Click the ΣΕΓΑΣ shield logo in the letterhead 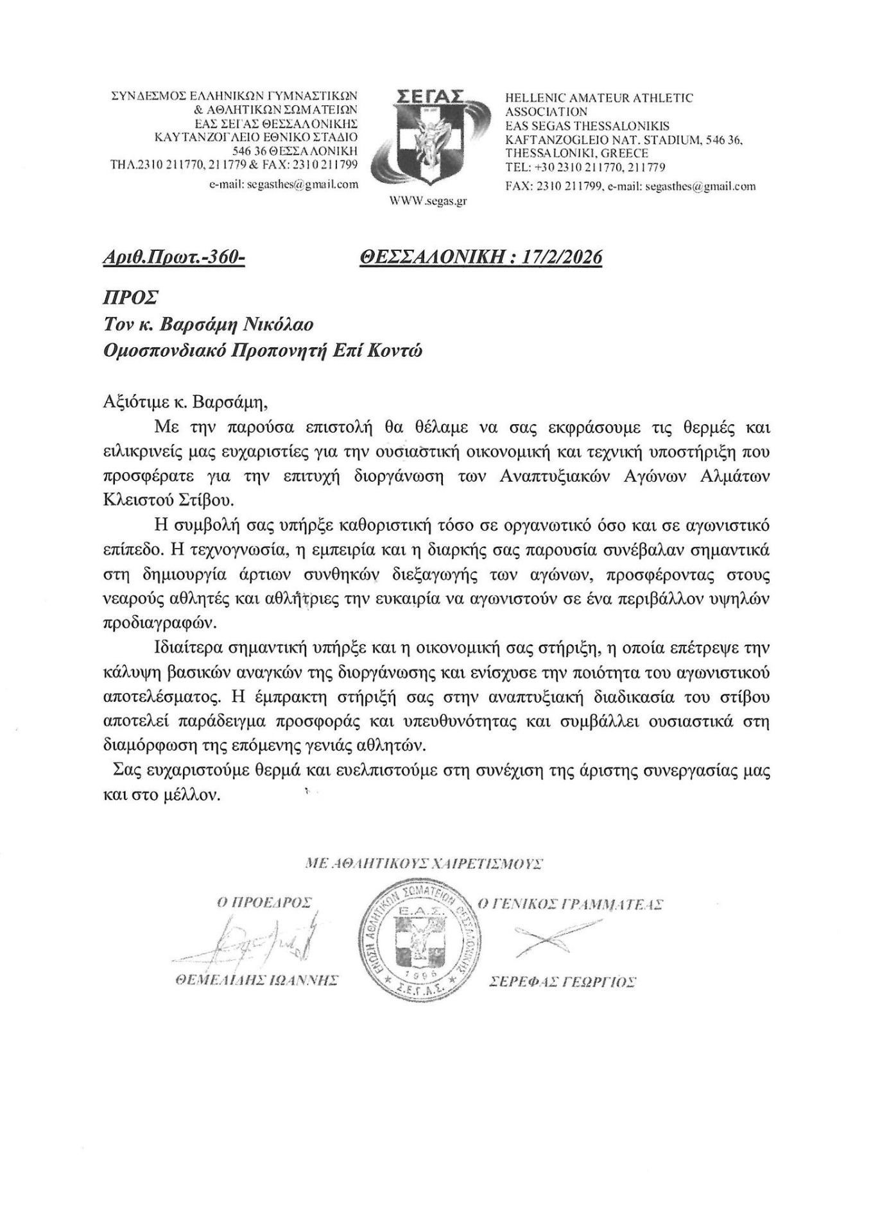428,139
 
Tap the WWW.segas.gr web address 428,201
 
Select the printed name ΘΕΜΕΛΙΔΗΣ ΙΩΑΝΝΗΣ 252,981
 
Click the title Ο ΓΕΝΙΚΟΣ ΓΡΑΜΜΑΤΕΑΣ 571,904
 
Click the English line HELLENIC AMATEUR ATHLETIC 599,98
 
